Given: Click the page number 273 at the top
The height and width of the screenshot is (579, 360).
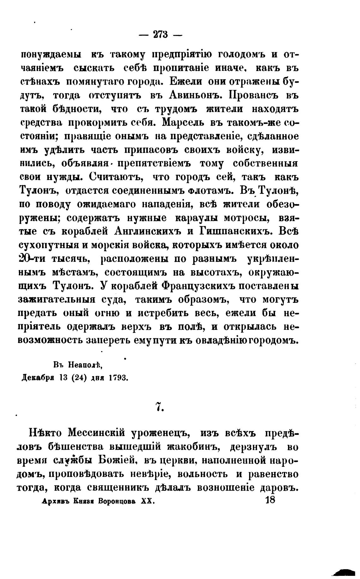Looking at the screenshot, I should click(161, 34).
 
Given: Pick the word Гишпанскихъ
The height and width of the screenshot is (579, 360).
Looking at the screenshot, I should click(236, 231).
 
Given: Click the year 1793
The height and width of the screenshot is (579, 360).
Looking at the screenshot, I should click(118, 378).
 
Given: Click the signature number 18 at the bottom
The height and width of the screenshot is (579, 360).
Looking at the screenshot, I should click(271, 500).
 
